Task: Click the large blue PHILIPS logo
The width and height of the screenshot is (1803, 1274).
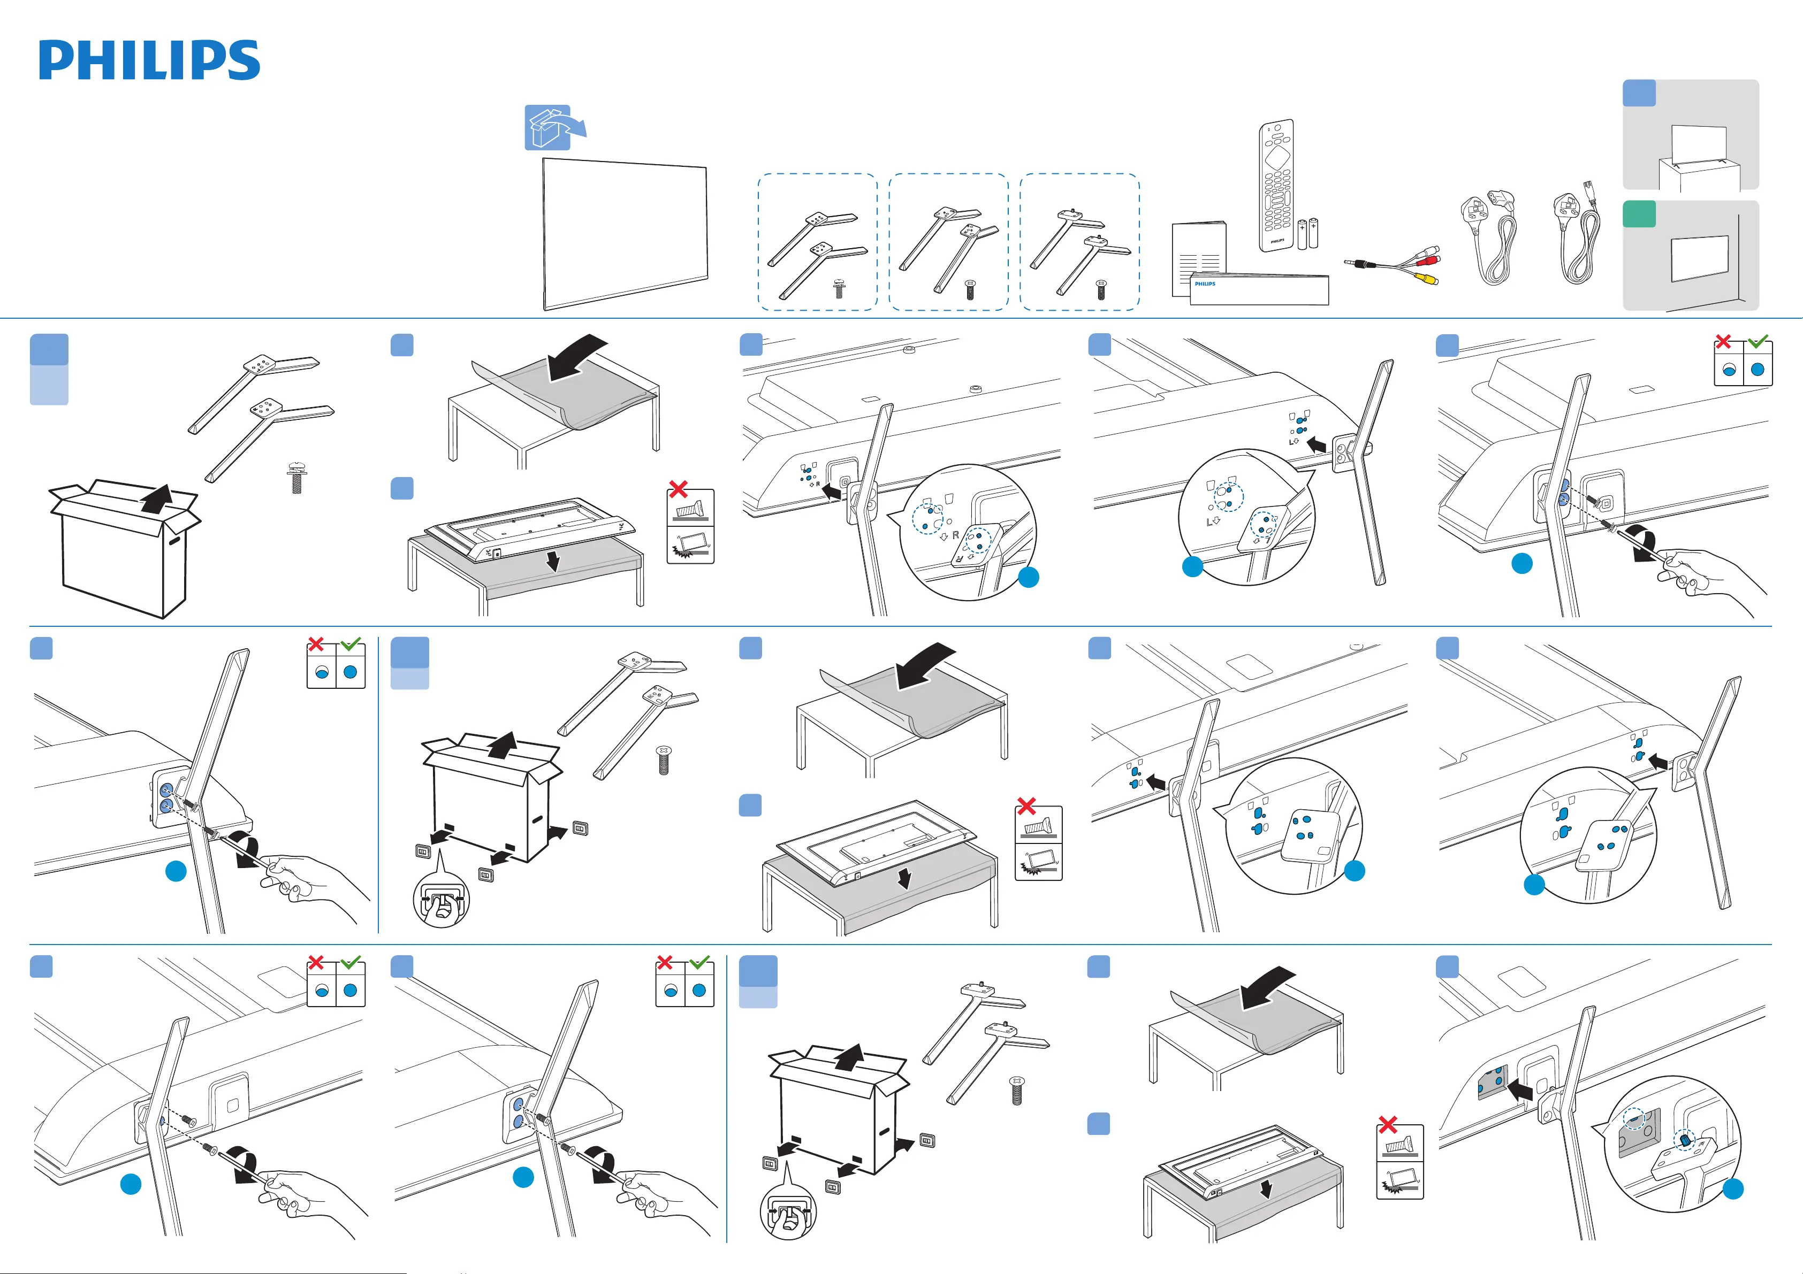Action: (149, 60)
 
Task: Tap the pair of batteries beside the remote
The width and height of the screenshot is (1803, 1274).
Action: (1307, 233)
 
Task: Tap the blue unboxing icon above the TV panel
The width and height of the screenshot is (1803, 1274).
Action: (548, 127)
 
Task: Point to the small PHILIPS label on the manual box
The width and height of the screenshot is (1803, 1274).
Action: (1205, 283)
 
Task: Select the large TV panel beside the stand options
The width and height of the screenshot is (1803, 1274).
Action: (625, 233)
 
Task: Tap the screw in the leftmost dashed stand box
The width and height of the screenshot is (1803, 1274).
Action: (839, 288)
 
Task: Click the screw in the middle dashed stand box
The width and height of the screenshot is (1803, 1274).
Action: (970, 289)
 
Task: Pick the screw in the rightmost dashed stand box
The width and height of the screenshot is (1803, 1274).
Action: (1101, 289)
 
